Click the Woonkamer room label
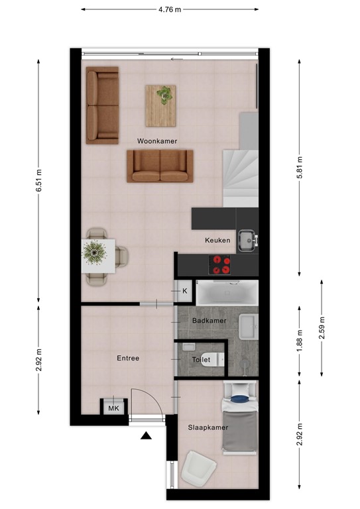157,141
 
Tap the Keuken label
217,241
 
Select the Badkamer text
209,321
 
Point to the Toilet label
201,359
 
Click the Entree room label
128,358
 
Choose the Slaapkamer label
207,427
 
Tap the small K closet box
185,291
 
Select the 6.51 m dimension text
39,178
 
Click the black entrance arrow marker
146,435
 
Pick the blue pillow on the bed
239,399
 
